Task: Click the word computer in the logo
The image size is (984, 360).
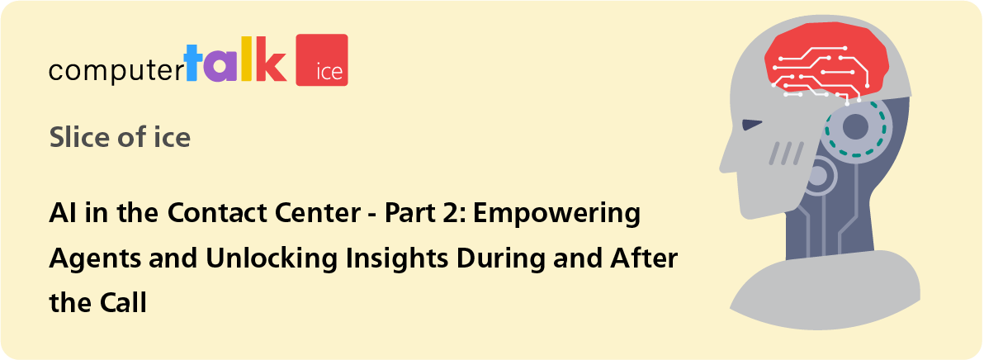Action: tap(116, 70)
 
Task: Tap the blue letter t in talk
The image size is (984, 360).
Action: tap(194, 61)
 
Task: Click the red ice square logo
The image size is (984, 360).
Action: tap(321, 59)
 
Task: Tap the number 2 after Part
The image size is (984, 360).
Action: tap(447, 214)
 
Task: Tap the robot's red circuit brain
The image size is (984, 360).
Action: tap(826, 64)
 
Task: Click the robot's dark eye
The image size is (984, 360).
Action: tap(752, 124)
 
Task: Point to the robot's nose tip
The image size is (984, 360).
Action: tap(721, 166)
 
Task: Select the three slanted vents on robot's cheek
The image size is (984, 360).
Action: tap(787, 153)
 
